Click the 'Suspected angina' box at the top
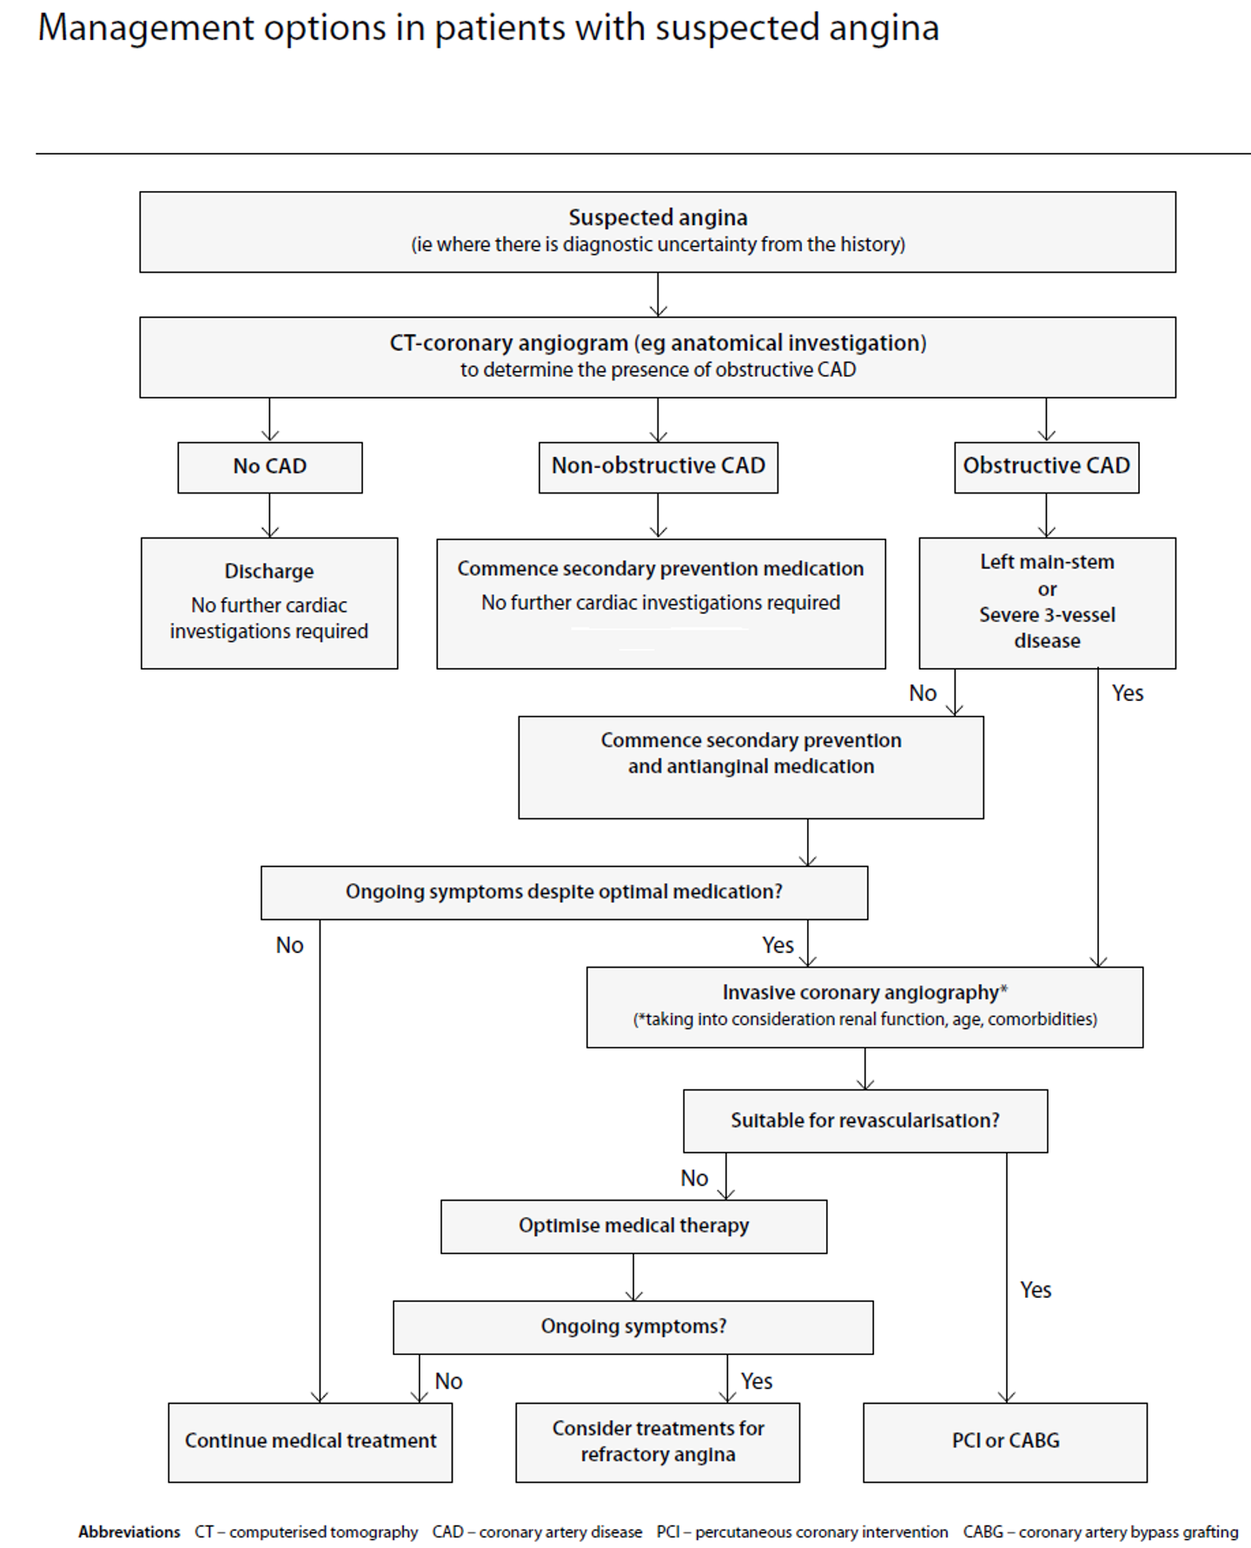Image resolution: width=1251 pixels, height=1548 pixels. pyautogui.click(x=658, y=231)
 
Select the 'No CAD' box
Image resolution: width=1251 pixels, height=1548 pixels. pyautogui.click(x=270, y=466)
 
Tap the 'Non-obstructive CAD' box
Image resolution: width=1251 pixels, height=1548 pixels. pyautogui.click(x=658, y=466)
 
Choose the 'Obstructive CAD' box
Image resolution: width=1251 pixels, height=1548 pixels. pyautogui.click(x=1046, y=466)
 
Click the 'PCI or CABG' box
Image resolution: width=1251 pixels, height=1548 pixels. pyautogui.click(x=1005, y=1441)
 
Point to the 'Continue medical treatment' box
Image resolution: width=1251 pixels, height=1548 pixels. pyautogui.click(x=310, y=1441)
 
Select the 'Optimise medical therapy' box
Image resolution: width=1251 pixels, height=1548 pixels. pyautogui.click(x=633, y=1226)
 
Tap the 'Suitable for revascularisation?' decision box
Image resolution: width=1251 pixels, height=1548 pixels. pyautogui.click(x=865, y=1121)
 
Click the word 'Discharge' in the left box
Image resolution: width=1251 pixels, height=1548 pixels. pyautogui.click(x=269, y=572)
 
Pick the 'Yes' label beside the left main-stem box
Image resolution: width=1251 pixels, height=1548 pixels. pyautogui.click(x=1128, y=693)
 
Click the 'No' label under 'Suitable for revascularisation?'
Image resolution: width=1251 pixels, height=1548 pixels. pyautogui.click(x=694, y=1178)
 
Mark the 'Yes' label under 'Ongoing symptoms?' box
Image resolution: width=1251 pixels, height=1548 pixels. pyautogui.click(x=757, y=1381)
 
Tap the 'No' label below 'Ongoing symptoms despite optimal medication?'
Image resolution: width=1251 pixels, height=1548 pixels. pyautogui.click(x=289, y=945)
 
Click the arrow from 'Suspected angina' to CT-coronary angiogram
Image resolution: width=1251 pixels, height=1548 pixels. pyautogui.click(x=658, y=295)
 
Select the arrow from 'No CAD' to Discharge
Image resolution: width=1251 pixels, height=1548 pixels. pyautogui.click(x=270, y=516)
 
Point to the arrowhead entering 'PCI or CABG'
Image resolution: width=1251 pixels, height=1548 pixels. pyautogui.click(x=1006, y=1396)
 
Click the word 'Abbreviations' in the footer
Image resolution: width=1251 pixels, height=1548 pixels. pyautogui.click(x=129, y=1531)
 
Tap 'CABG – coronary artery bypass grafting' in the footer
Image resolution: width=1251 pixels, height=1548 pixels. pyautogui.click(x=1100, y=1531)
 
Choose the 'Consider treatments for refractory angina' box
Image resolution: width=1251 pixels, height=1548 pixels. pyautogui.click(x=658, y=1441)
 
